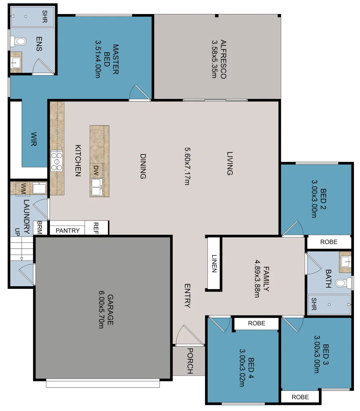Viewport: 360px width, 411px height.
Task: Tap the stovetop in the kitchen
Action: click(x=57, y=161)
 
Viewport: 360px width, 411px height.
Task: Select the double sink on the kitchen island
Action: click(x=96, y=187)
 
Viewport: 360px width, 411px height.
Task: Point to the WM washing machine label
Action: click(x=23, y=188)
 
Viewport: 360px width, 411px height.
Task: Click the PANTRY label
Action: click(x=68, y=231)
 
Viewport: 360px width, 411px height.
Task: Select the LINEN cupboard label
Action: click(x=214, y=263)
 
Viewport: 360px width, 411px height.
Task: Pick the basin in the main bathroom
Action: click(x=346, y=261)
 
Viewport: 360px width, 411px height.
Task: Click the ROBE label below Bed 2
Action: click(x=328, y=242)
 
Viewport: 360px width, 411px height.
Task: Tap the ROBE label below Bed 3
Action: click(x=300, y=397)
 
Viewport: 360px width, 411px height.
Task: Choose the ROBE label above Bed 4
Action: click(x=256, y=323)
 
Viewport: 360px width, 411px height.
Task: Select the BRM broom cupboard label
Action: click(x=39, y=228)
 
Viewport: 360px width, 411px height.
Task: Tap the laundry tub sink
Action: click(x=39, y=188)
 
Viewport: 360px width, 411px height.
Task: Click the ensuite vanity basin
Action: click(x=16, y=64)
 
